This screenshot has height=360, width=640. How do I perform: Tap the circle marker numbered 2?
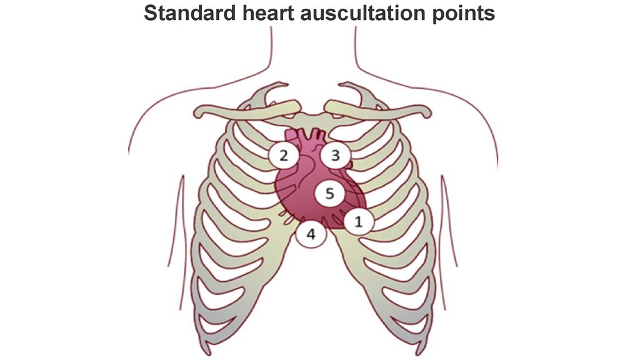coord(283,155)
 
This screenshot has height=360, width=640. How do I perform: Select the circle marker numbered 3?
coord(335,155)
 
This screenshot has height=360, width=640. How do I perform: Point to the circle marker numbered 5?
coord(329,194)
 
